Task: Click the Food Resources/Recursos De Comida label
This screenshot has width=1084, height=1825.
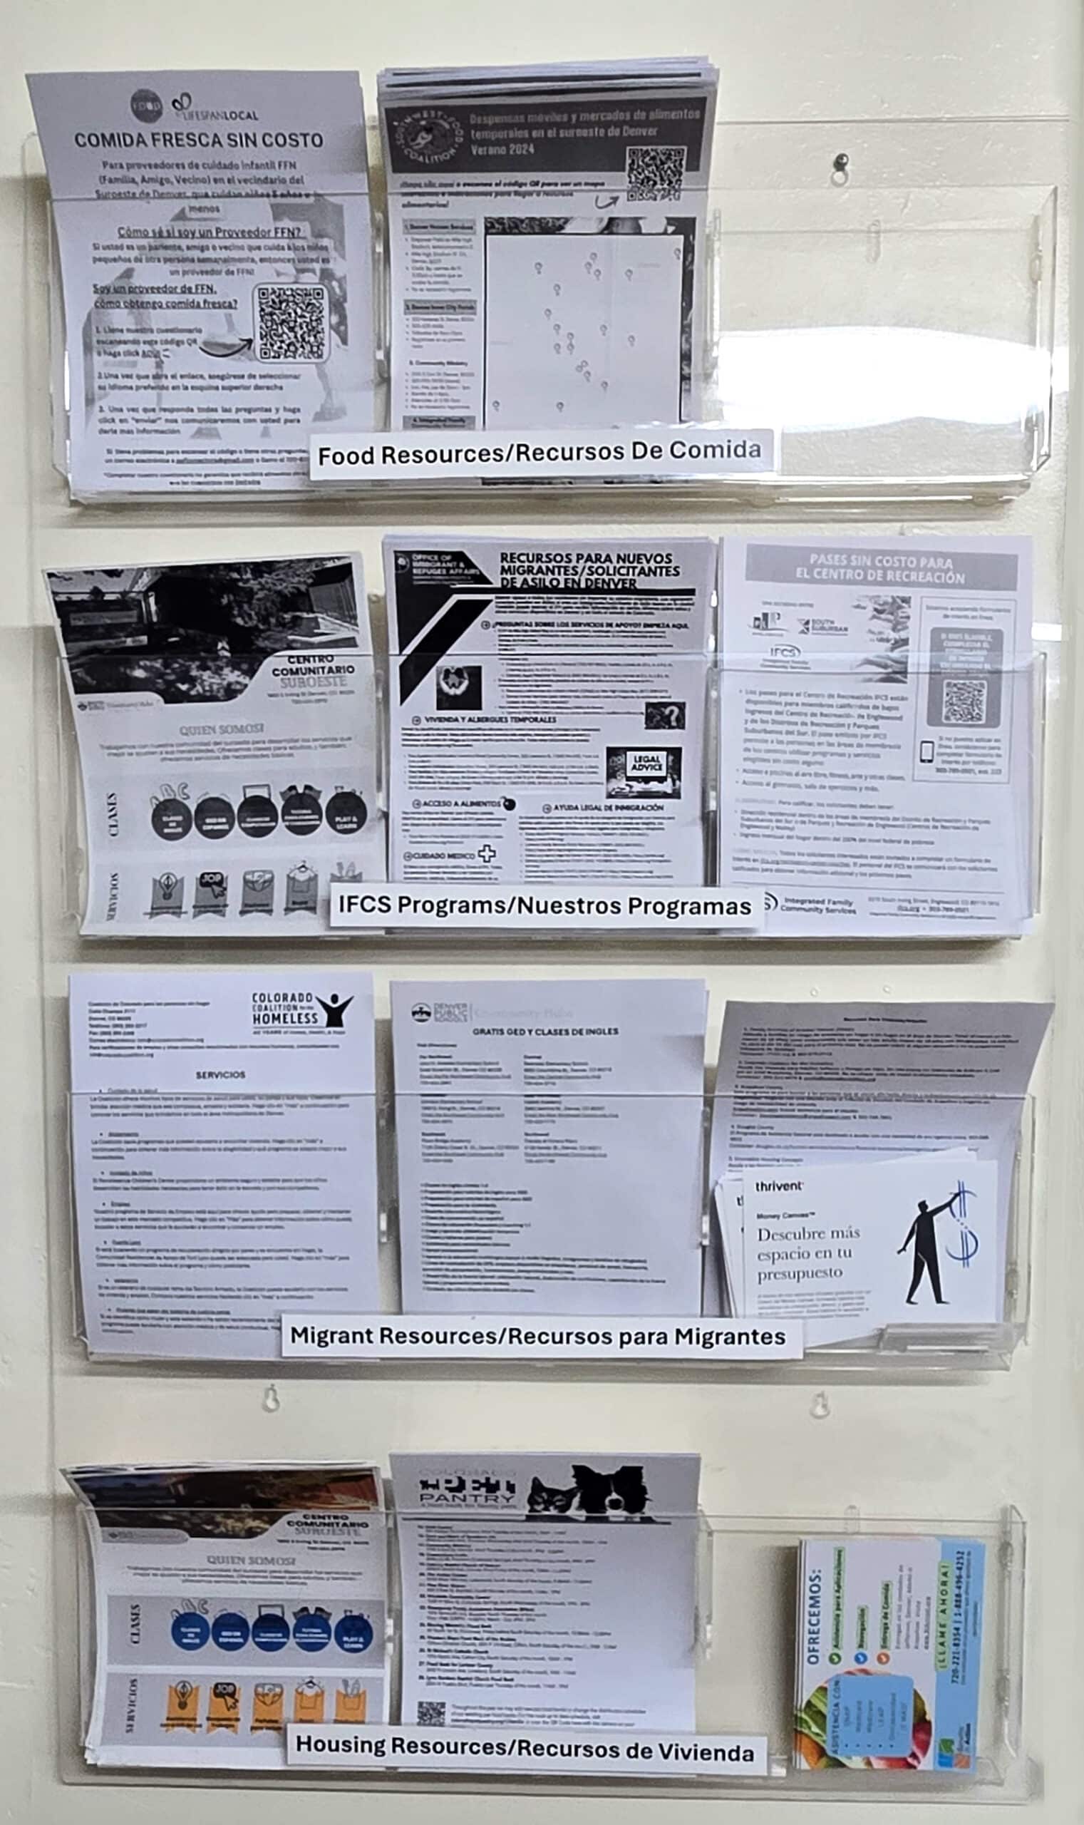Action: coord(540,453)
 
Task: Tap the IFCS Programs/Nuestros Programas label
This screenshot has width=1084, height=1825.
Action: coord(544,906)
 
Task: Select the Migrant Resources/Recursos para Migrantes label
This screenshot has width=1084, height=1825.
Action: coord(538,1336)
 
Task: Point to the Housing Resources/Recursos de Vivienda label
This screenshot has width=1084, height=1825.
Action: coord(525,1747)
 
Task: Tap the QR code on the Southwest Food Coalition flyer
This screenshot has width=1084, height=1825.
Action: coord(656,174)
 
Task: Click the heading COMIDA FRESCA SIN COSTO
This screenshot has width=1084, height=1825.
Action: coord(198,140)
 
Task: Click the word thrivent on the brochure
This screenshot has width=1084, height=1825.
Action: coord(779,1186)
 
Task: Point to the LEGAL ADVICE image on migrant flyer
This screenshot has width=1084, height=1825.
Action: coord(644,771)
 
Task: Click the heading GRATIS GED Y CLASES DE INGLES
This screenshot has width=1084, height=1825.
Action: coord(545,1032)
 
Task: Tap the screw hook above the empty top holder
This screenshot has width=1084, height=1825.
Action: coord(842,160)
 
